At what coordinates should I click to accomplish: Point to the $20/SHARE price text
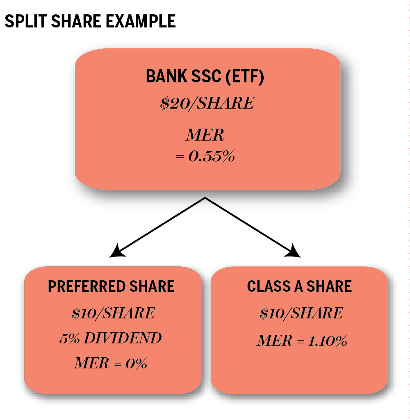click(x=207, y=103)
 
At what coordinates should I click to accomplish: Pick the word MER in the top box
click(x=205, y=136)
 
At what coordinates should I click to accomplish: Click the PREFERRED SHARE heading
click(x=112, y=286)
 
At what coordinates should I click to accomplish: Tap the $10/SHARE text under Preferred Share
click(x=113, y=313)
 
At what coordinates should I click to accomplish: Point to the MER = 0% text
click(x=110, y=363)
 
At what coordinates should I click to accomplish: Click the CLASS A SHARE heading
click(x=299, y=286)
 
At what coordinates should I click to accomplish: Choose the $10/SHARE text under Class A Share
click(x=301, y=313)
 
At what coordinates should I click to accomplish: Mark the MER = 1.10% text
click(x=302, y=341)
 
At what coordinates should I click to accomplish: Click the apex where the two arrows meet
click(x=205, y=198)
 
